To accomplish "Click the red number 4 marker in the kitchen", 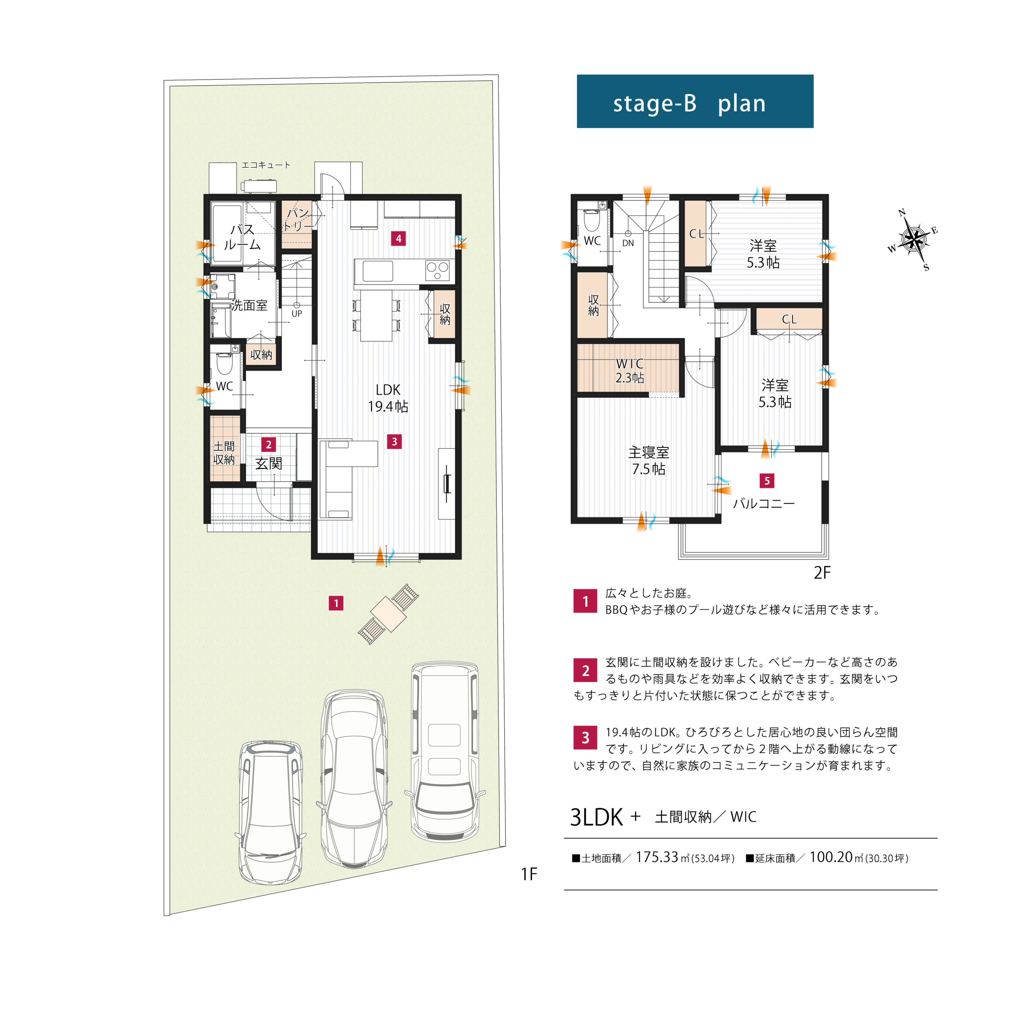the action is pyautogui.click(x=399, y=239).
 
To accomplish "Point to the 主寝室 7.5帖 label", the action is pyautogui.click(x=648, y=460).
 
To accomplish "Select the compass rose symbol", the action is pyautogui.click(x=915, y=240).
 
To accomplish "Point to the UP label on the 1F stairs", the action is pyautogui.click(x=297, y=314).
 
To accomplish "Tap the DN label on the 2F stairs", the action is pyautogui.click(x=628, y=243).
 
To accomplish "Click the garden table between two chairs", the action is pyautogui.click(x=389, y=614).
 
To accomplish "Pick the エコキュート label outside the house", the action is pyautogui.click(x=265, y=165).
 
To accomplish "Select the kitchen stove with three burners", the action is pyautogui.click(x=438, y=271).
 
